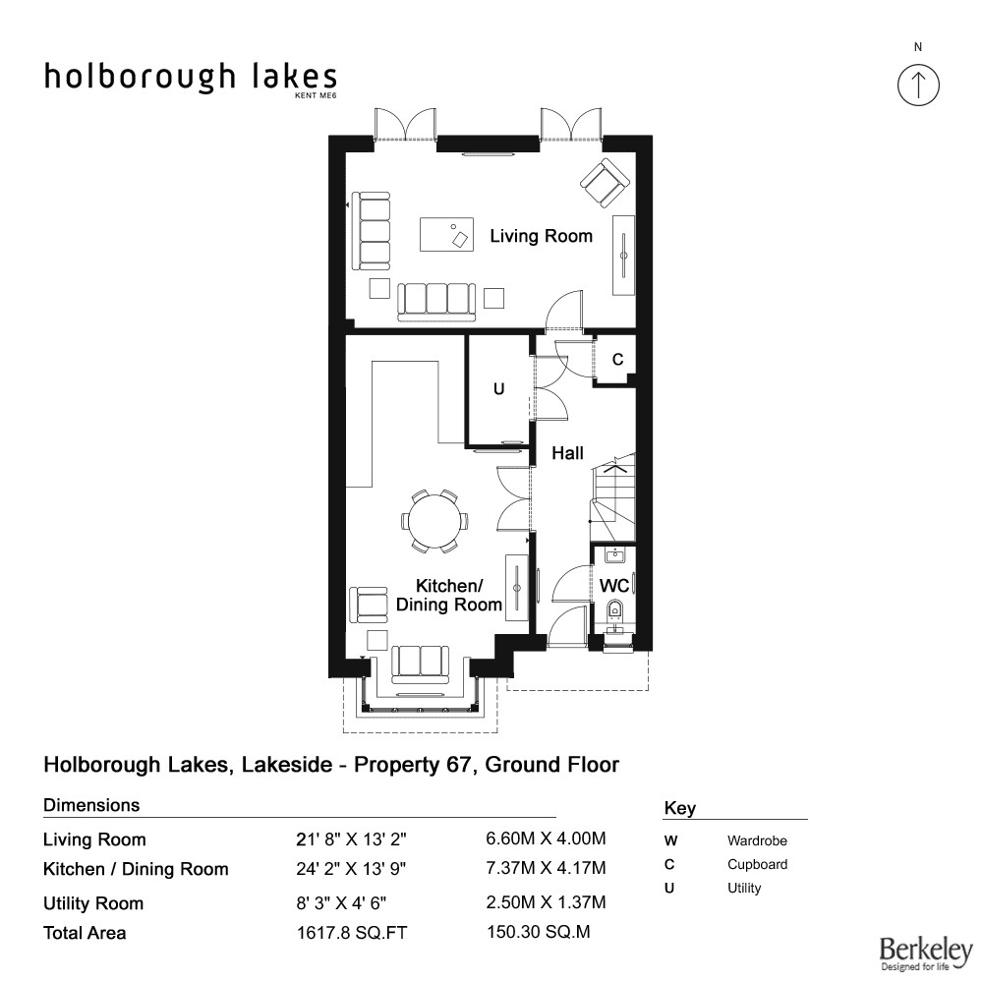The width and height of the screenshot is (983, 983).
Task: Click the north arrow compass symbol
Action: point(918,85)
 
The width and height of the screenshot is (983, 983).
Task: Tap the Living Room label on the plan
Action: point(541,236)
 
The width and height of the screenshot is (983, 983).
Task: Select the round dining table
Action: point(434,521)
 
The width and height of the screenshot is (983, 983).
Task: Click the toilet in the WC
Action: point(615,610)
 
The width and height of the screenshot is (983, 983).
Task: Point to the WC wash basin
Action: point(615,554)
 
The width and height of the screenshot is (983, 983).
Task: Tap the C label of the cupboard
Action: point(617,359)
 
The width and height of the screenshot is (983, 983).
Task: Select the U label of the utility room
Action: point(499,389)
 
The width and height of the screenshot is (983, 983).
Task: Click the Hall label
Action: point(567,453)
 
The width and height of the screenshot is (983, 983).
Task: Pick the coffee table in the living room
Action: point(446,234)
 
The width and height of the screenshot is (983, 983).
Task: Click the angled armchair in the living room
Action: point(605,183)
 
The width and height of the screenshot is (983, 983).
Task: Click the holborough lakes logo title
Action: point(191,78)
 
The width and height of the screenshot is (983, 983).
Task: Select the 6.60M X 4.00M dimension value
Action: point(546,838)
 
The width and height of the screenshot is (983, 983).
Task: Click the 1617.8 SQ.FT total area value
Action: point(352,933)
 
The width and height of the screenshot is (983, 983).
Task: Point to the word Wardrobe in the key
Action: point(757,840)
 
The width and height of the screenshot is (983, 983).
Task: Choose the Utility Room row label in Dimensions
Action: point(93,903)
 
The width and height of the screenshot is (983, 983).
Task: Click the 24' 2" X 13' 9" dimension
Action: point(351,869)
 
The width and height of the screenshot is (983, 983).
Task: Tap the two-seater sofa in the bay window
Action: point(420,665)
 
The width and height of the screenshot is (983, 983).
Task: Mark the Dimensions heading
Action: point(91,805)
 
